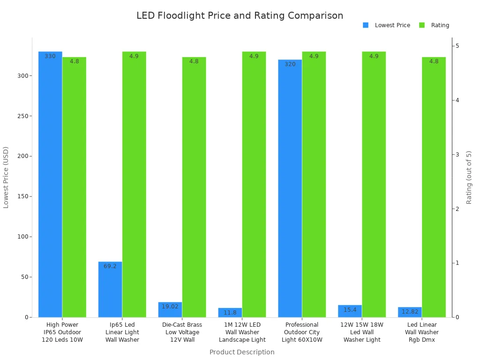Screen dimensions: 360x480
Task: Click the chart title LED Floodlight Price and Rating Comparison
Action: (240, 15)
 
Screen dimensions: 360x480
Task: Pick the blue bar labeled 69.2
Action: (110, 289)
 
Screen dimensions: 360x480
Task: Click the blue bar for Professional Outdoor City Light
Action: (290, 188)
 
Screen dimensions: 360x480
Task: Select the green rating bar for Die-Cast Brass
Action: (194, 187)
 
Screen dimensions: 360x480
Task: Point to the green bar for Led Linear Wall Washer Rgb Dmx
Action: (434, 187)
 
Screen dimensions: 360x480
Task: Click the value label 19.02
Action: (170, 307)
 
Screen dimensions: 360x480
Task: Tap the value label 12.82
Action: (410, 312)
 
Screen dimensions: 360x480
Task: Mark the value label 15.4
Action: (350, 310)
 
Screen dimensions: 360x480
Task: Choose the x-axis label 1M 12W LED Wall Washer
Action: (242, 332)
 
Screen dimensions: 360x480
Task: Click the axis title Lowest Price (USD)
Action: (6, 177)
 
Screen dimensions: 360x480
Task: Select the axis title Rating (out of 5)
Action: (469, 177)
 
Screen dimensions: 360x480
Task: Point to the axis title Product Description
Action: (242, 352)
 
